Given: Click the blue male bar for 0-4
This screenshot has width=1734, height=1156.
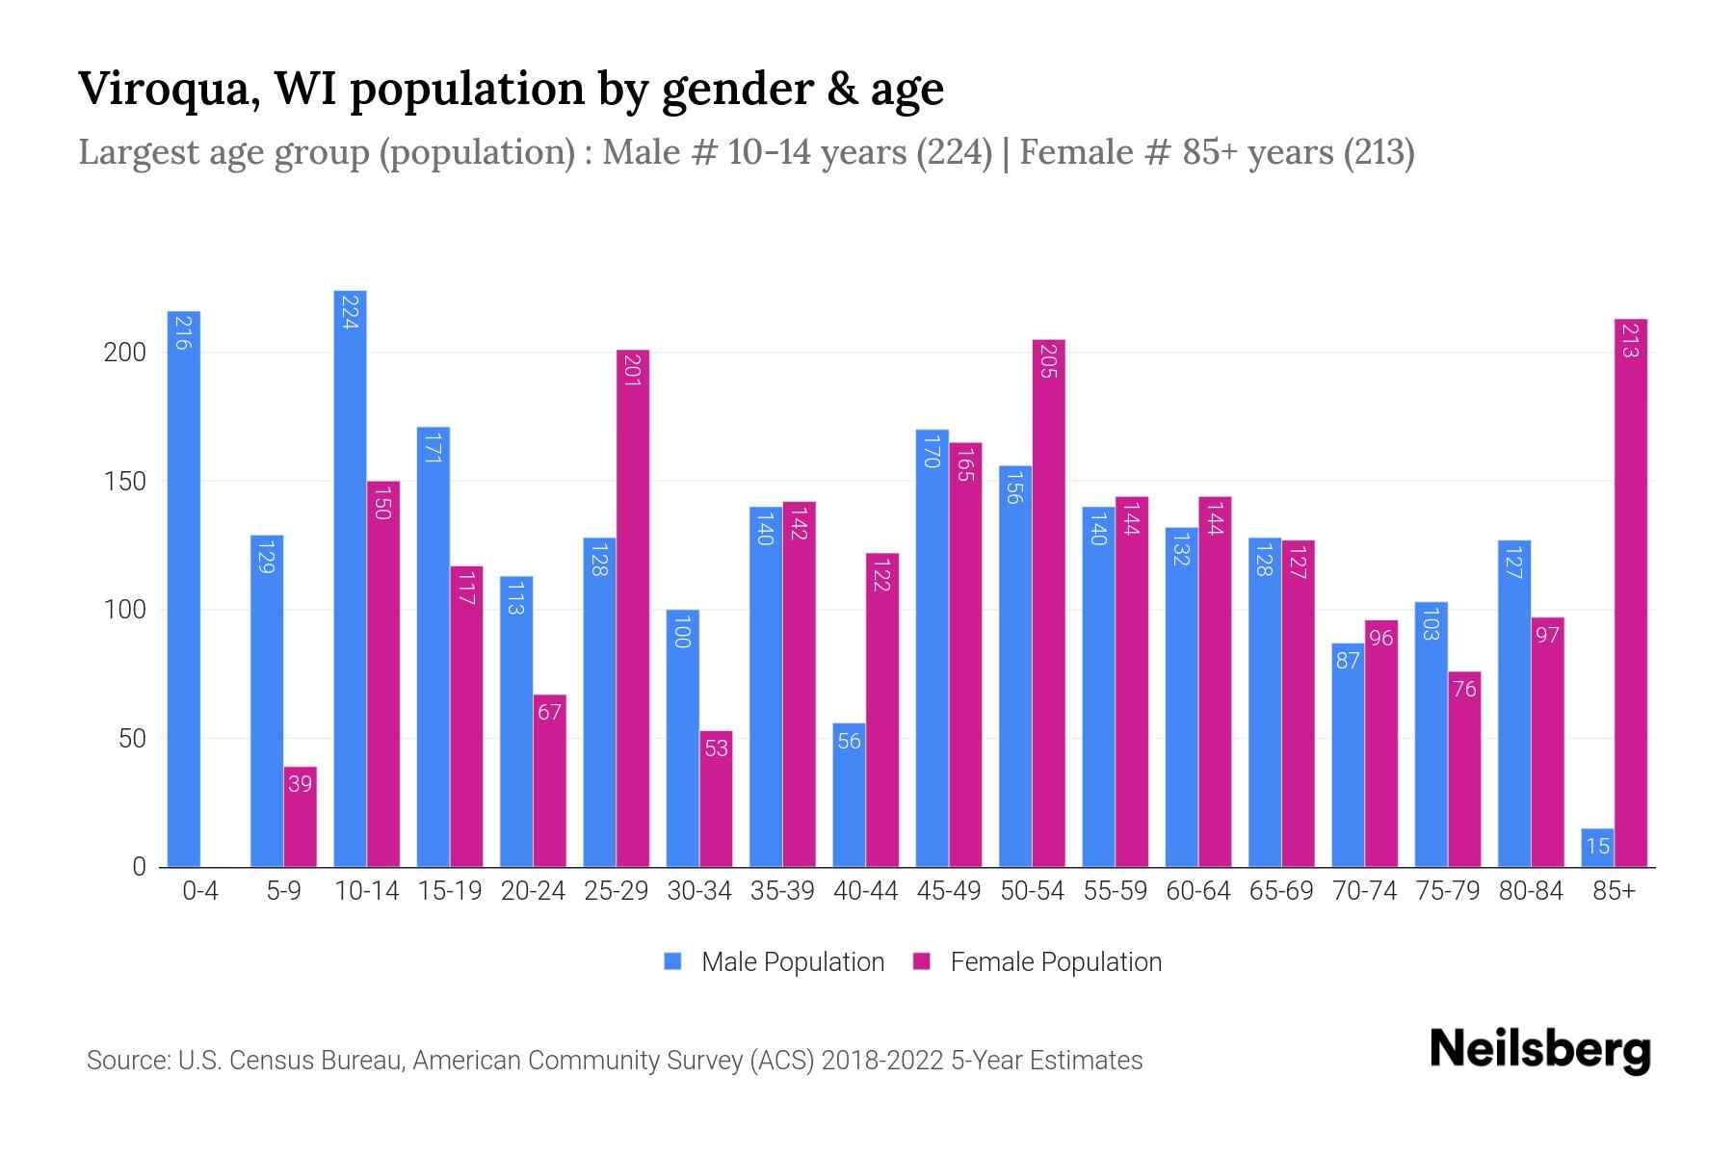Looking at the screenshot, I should coord(184,588).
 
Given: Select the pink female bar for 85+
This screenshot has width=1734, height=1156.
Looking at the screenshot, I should coord(1630,592).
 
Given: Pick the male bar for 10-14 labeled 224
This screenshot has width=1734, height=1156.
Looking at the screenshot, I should coord(350,578).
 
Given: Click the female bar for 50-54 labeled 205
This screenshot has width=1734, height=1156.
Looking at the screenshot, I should coord(1048,603).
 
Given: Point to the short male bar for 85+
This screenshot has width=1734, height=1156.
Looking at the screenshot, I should coord(1597,848).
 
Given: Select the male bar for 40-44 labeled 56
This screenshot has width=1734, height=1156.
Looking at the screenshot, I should coord(849,795).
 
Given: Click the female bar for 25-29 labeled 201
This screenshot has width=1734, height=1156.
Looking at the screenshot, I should coord(633,608).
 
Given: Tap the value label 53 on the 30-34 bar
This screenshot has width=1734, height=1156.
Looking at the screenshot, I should coord(716,749).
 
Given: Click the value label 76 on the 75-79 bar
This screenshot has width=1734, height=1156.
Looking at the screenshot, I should coord(1464,689).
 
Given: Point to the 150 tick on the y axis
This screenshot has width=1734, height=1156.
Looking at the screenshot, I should coord(124,482).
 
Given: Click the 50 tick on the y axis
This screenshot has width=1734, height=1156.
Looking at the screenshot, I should coord(132,739).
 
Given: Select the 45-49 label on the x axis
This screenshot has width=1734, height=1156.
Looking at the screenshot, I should coord(949,891).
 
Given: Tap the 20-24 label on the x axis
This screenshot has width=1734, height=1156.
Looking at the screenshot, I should coord(533,891).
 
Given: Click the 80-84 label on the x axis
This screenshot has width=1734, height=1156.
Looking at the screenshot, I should coord(1531,891).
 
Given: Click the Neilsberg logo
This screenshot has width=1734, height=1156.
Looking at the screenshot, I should coord(1539,1051).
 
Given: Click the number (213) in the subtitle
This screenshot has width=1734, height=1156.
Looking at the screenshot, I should coord(1380,152).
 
